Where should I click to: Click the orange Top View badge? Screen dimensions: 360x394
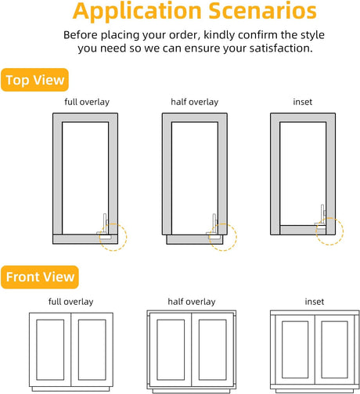point(34,80)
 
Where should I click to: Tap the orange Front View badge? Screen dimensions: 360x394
point(40,277)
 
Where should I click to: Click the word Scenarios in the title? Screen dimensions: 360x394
point(263,11)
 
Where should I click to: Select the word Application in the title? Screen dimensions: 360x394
point(137,12)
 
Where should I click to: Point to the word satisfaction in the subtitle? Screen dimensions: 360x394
point(280,48)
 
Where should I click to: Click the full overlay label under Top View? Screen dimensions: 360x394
point(87,102)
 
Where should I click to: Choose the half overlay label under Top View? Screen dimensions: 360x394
point(195,102)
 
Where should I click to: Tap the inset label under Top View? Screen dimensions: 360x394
point(303,102)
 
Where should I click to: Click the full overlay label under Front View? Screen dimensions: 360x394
point(70,302)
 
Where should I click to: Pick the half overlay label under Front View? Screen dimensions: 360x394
point(192,302)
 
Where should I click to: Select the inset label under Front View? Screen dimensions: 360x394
point(315,302)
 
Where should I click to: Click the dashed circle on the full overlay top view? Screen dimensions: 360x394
point(127,237)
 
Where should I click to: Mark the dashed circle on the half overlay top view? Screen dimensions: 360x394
point(236,237)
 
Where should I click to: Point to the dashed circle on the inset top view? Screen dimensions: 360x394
point(344,231)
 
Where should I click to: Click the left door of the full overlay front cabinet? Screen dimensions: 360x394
point(50,349)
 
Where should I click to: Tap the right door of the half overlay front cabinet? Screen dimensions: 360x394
point(212,349)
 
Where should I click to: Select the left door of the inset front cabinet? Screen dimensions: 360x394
point(295,349)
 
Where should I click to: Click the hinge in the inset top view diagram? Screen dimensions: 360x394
point(321,218)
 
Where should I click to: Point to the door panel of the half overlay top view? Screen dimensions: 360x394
point(195,240)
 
